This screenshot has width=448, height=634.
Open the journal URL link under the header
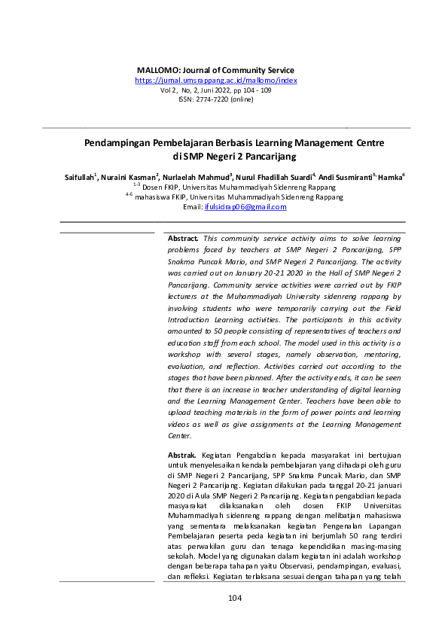tap(215, 80)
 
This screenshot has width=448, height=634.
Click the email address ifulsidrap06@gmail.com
tap(245, 207)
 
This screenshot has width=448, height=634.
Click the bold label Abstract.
tap(183, 238)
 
